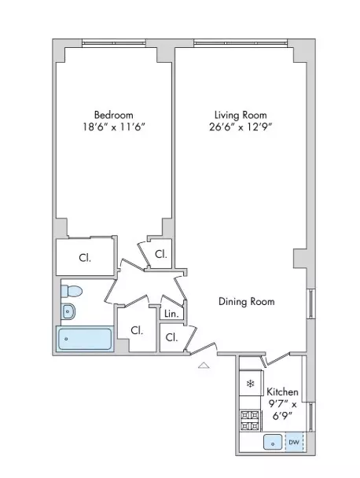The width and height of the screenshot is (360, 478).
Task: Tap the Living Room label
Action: (237, 112)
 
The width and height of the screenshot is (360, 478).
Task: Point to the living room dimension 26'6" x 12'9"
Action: (237, 126)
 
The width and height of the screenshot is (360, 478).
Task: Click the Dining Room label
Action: (247, 301)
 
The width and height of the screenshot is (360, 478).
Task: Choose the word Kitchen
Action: (282, 392)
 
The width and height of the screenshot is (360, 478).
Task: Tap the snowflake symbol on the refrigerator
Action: (250, 384)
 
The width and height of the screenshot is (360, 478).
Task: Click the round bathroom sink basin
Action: (68, 311)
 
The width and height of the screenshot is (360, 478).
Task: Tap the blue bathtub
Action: (84, 339)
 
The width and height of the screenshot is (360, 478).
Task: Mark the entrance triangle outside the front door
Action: (204, 365)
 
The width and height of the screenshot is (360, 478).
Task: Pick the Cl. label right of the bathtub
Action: (136, 330)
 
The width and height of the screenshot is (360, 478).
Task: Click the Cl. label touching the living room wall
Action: (160, 254)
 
